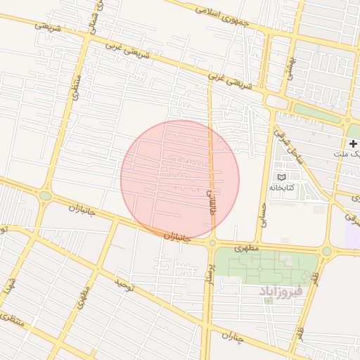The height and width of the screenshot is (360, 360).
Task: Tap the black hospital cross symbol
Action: point(352,143)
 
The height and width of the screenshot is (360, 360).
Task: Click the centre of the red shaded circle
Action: point(180,179)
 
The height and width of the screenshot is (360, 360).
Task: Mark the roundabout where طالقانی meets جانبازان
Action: point(212,243)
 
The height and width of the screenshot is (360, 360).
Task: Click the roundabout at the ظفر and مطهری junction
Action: point(326,251)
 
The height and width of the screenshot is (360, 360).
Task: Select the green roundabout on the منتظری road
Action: point(46,195)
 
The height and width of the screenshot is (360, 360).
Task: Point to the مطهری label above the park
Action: point(247,248)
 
